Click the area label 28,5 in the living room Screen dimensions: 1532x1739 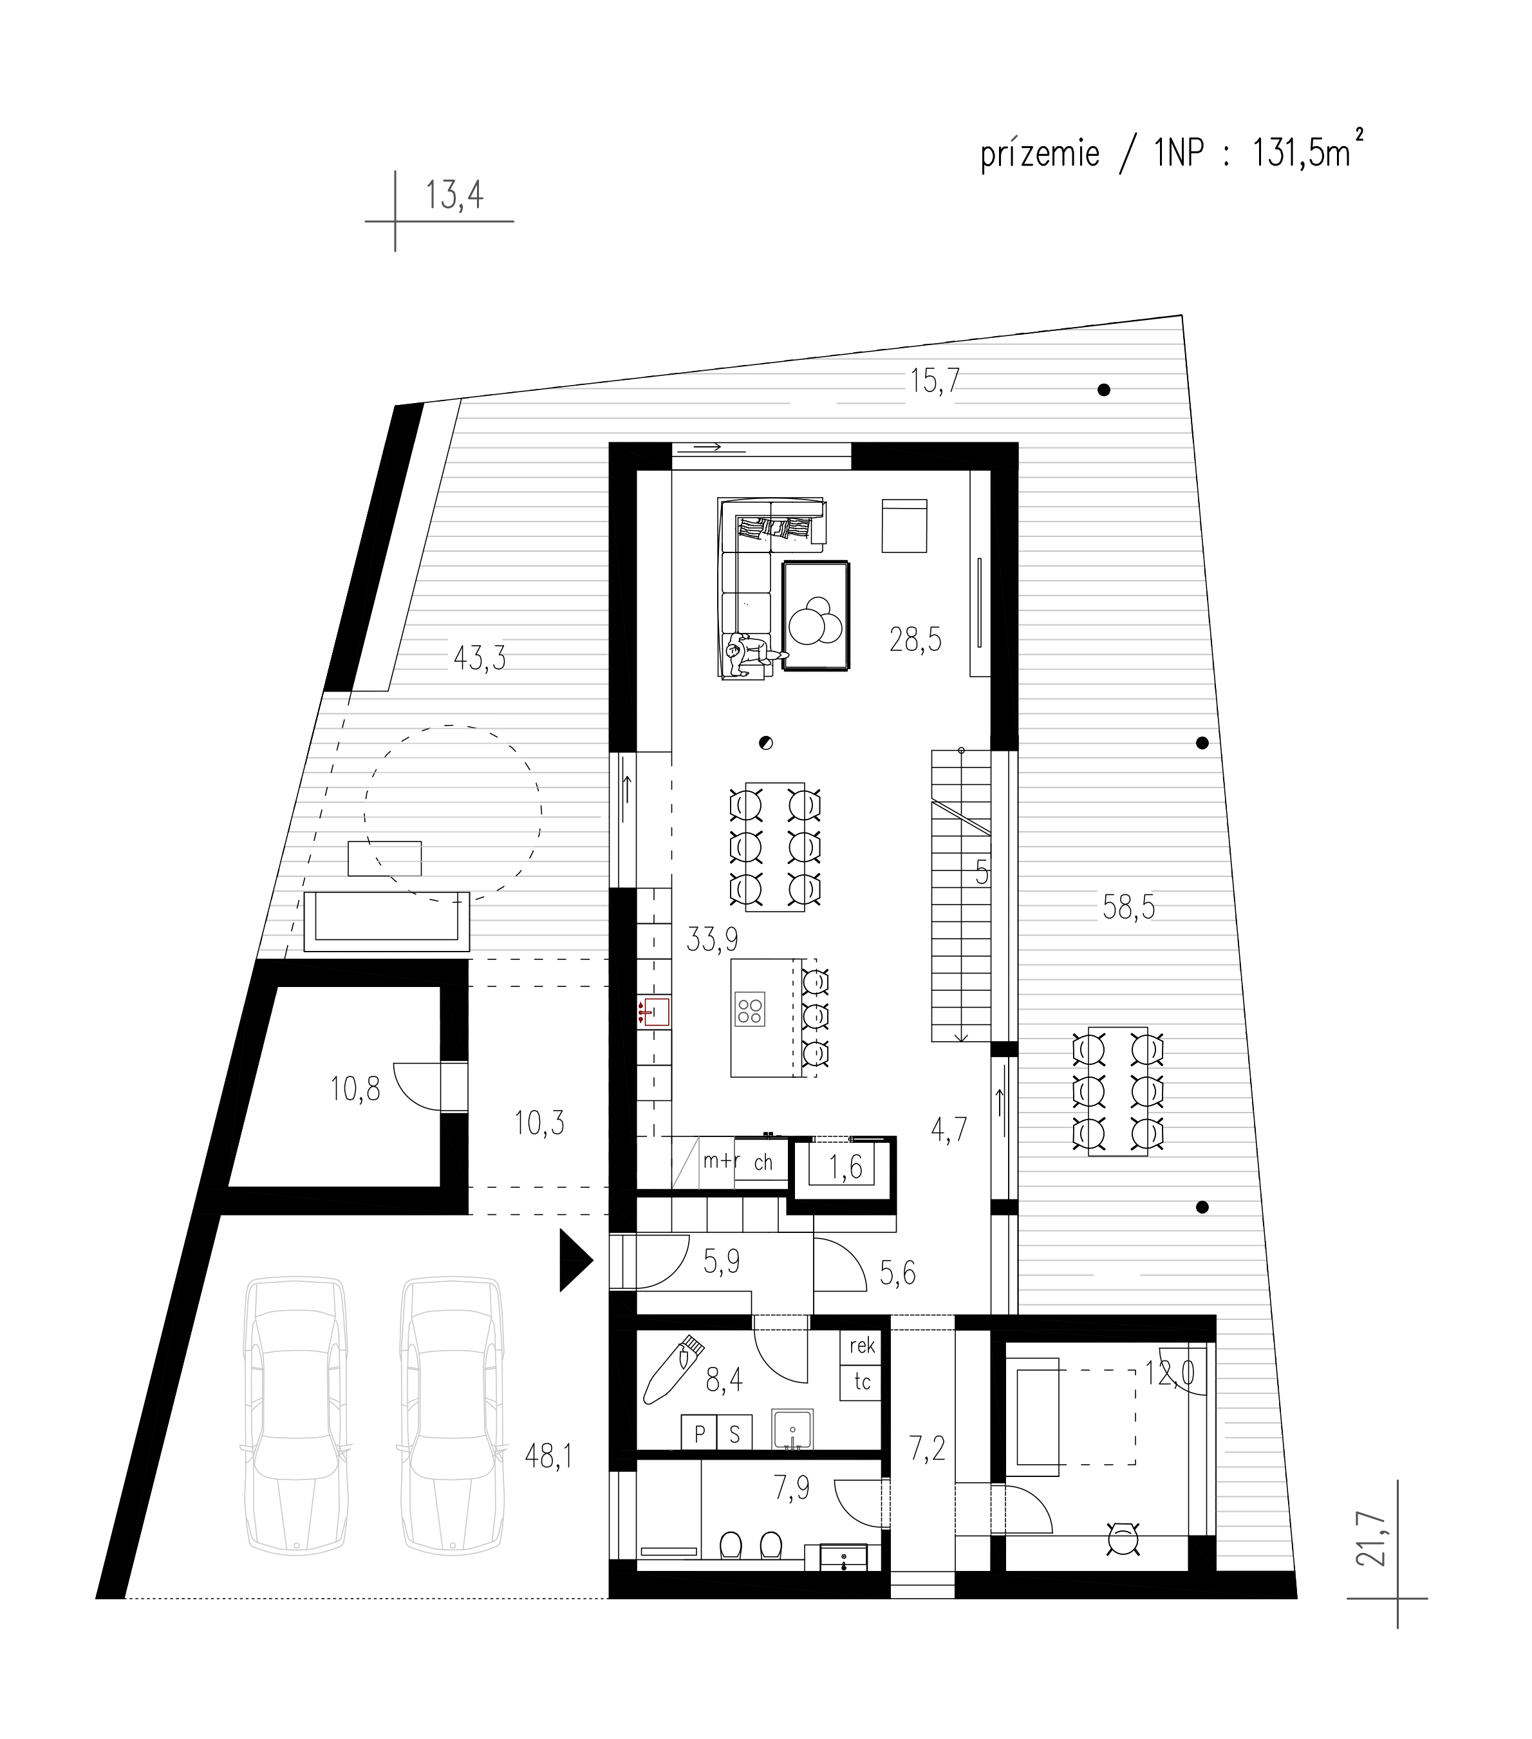click(x=915, y=639)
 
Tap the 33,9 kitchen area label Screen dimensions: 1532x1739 click(x=712, y=939)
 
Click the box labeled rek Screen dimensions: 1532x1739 click(x=862, y=1345)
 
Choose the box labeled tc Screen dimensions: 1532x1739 click(x=862, y=1382)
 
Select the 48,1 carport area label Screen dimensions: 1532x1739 click(x=548, y=1456)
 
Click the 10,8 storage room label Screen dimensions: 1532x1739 click(x=355, y=1088)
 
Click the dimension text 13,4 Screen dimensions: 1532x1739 click(x=454, y=196)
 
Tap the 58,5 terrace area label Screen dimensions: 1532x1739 click(x=1129, y=908)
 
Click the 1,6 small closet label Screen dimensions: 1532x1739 click(x=846, y=1167)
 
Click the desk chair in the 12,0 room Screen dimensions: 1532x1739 click(x=1124, y=1536)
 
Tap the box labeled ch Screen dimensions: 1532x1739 click(x=762, y=1162)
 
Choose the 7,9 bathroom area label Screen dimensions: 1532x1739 click(x=791, y=1488)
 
